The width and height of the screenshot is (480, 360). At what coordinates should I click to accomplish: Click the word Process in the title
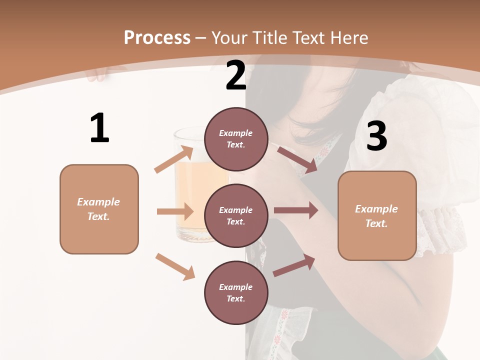point(157,38)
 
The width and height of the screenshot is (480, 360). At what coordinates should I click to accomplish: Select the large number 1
point(99,128)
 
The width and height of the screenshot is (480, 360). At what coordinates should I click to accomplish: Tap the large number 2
point(236,75)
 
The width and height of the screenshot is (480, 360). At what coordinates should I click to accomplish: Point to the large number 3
point(376,136)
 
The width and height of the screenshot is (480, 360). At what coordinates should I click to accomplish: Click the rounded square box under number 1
point(99,209)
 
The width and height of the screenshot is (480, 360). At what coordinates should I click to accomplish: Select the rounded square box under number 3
point(377,216)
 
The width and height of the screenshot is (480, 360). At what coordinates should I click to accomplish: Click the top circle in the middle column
point(236,139)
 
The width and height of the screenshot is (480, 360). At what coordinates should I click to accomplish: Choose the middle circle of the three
point(236,216)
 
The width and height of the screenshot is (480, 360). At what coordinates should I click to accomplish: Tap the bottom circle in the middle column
point(236,293)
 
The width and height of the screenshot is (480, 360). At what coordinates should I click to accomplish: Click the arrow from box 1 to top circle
point(174,159)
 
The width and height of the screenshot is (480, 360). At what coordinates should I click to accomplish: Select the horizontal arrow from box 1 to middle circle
point(175,211)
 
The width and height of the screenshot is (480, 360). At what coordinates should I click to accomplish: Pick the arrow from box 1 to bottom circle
point(175,266)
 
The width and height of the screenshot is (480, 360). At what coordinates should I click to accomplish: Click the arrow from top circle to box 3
point(297,159)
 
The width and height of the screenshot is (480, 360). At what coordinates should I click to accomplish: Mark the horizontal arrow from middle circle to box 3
point(295,210)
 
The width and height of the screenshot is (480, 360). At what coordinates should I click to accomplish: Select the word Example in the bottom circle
point(235,287)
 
